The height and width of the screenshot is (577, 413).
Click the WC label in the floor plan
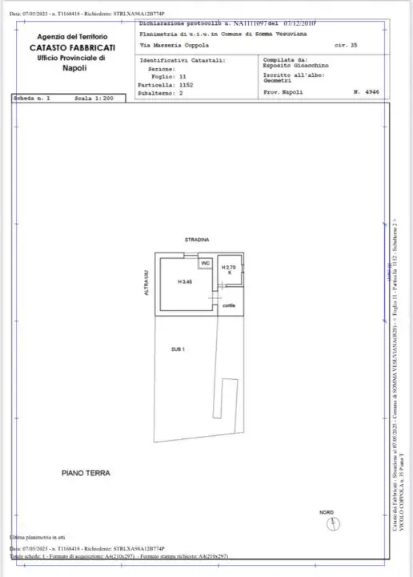[x=205, y=263]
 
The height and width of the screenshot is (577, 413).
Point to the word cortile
[x=229, y=305]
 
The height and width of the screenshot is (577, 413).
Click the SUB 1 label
[x=178, y=349]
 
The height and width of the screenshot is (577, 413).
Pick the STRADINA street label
[x=198, y=240]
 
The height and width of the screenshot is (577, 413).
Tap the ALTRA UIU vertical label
[x=146, y=283]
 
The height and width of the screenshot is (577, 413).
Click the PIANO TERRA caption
[x=86, y=474]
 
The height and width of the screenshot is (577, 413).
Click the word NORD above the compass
[x=327, y=511]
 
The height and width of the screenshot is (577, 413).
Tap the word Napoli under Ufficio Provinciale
[x=74, y=69]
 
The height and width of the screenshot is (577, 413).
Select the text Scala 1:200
[x=94, y=99]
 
